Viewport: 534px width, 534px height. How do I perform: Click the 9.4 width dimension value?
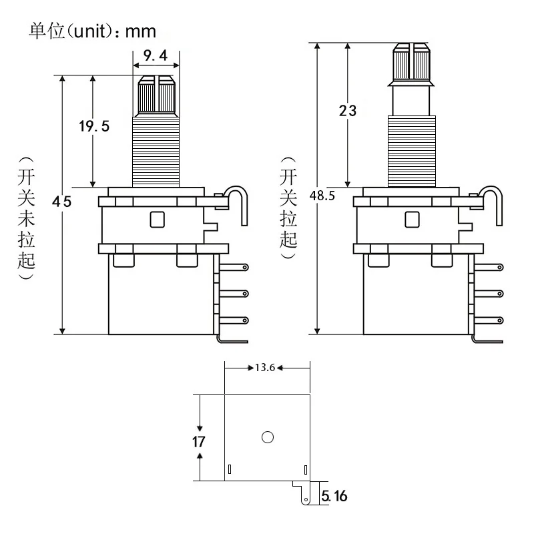click(x=156, y=56)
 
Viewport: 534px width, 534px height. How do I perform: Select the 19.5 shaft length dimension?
click(x=93, y=126)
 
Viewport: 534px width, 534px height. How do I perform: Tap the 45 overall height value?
click(x=61, y=202)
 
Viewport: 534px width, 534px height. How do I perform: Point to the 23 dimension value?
click(x=347, y=111)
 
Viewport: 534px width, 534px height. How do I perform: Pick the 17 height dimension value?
click(x=198, y=442)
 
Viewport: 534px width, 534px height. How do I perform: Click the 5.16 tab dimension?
click(x=334, y=496)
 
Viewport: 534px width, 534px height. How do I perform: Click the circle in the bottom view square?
click(x=268, y=437)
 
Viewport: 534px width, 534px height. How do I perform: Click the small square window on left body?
click(x=158, y=219)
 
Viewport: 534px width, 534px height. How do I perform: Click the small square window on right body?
click(x=412, y=219)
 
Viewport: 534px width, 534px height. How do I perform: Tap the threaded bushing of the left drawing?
click(x=156, y=150)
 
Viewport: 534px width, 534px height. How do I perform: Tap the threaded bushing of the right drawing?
click(x=411, y=150)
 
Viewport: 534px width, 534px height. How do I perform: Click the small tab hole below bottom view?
click(x=306, y=499)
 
